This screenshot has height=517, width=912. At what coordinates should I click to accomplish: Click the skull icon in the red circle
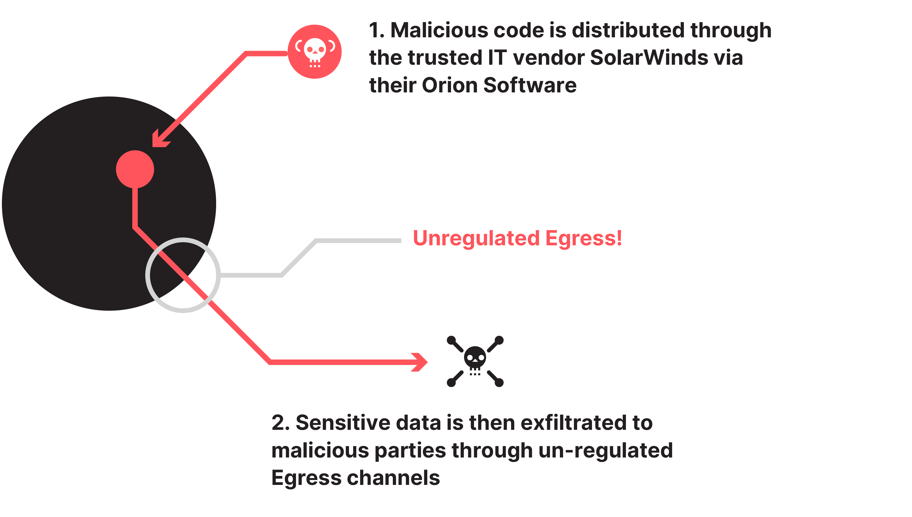tap(315, 52)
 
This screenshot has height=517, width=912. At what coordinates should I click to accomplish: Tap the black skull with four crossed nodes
tap(475, 361)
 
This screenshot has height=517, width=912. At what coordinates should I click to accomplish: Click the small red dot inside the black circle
tap(135, 169)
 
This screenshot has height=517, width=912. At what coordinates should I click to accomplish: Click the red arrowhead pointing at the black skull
tap(421, 362)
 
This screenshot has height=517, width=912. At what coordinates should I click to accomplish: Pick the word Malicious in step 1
tap(439, 30)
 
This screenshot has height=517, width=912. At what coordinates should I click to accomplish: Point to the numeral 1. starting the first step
tap(376, 30)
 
